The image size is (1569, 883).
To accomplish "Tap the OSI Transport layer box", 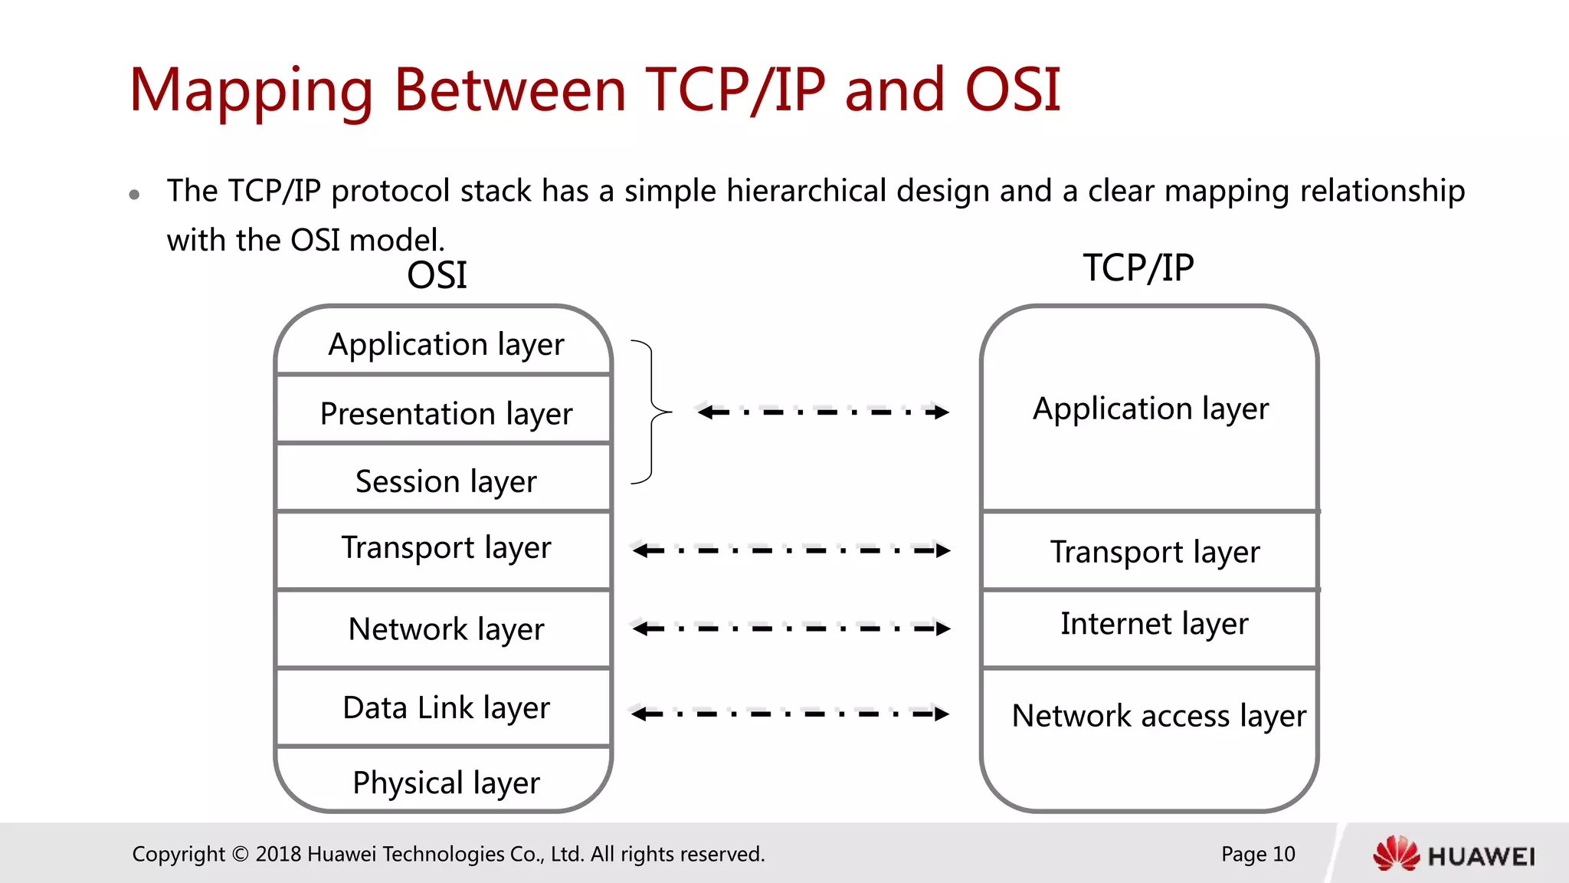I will click(444, 549).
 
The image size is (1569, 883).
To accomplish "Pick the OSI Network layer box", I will click(444, 629).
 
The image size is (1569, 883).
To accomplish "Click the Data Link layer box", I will click(444, 707).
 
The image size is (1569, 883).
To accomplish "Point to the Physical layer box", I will click(444, 780).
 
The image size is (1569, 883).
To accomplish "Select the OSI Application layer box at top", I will click(444, 343).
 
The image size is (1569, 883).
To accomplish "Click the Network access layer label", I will click(1158, 716).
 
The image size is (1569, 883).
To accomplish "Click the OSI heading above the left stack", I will click(437, 275).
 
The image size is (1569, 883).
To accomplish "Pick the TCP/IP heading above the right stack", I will click(1138, 268).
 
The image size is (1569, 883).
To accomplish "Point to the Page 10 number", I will click(1258, 854).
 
